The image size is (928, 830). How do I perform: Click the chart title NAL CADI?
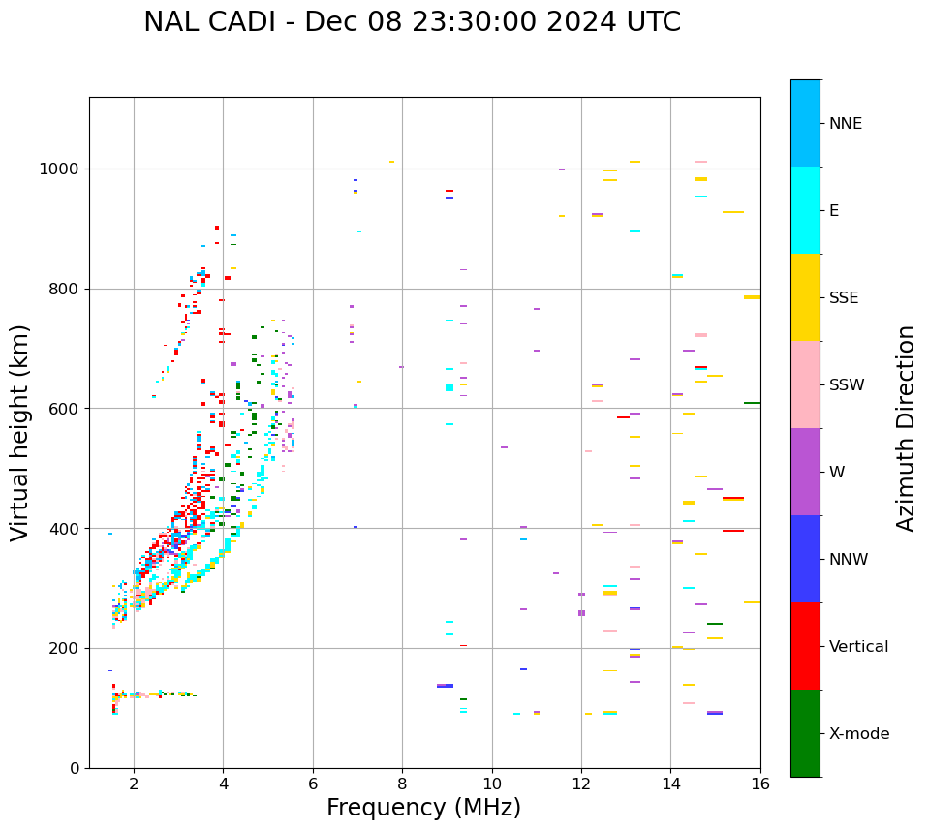click(x=412, y=22)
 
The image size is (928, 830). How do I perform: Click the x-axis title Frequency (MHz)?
click(x=423, y=808)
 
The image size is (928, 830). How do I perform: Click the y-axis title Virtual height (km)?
click(x=20, y=432)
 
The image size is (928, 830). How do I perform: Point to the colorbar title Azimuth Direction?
click(x=906, y=427)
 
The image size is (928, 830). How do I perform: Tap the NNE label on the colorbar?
click(x=845, y=124)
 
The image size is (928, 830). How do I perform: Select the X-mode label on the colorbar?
click(x=858, y=734)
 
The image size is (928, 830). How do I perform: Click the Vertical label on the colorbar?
click(x=858, y=647)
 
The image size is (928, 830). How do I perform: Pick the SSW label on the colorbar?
click(x=847, y=385)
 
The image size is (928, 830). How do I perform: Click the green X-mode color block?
click(x=805, y=733)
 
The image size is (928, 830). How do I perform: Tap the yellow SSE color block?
click(x=805, y=297)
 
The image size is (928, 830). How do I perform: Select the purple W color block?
click(x=805, y=472)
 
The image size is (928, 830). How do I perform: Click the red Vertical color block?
click(x=805, y=646)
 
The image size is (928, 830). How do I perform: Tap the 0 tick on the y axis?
click(x=76, y=768)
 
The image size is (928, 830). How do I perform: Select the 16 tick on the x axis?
click(x=760, y=784)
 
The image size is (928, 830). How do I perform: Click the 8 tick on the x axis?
click(x=402, y=784)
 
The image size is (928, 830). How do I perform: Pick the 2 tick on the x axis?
click(x=134, y=784)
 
